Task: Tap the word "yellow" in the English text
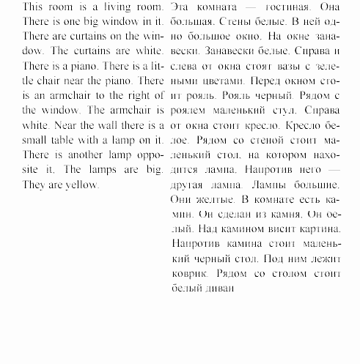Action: pos(80,184)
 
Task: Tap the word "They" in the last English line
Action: pos(14,184)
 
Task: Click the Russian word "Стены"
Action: pos(237,21)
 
